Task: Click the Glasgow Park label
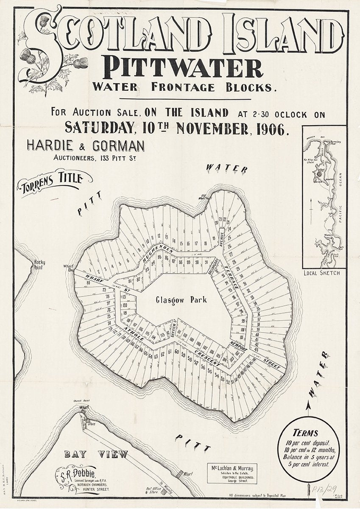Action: coord(181,300)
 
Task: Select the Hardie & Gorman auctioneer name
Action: coord(85,145)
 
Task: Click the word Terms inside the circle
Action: coord(305,433)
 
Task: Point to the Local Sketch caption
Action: coord(321,273)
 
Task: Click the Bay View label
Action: coord(96,454)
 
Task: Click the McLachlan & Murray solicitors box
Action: coord(232,473)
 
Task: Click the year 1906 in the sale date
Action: coord(270,128)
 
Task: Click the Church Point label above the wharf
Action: coord(80,400)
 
